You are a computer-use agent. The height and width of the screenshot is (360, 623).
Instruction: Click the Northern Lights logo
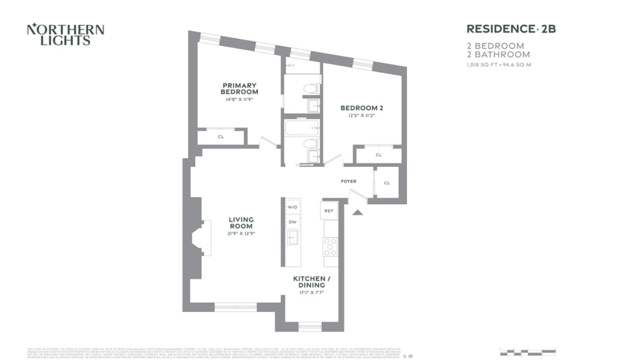[65, 35]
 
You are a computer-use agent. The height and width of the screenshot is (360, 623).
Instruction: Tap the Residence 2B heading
[511, 29]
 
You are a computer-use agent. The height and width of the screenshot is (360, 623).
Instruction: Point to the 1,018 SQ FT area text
[498, 65]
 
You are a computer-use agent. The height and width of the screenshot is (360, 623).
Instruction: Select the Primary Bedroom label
[239, 89]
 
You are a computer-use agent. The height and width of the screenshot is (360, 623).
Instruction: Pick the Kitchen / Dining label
[311, 282]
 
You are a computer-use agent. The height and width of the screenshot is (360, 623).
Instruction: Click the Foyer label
[348, 181]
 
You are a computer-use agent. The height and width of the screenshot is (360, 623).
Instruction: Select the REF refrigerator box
[329, 211]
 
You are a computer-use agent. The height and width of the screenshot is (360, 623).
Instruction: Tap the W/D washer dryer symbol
[293, 207]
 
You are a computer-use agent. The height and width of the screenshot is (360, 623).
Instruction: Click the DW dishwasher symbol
[293, 222]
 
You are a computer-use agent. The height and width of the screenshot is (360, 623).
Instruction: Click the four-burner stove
[330, 247]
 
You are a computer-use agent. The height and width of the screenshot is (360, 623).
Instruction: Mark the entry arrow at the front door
[357, 211]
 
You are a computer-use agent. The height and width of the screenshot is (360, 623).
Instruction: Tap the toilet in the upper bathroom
[310, 89]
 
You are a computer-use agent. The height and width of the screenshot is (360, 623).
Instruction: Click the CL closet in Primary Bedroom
[221, 137]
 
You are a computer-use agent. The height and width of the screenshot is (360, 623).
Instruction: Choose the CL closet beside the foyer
[387, 183]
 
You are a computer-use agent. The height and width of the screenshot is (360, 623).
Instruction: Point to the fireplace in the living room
[201, 238]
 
